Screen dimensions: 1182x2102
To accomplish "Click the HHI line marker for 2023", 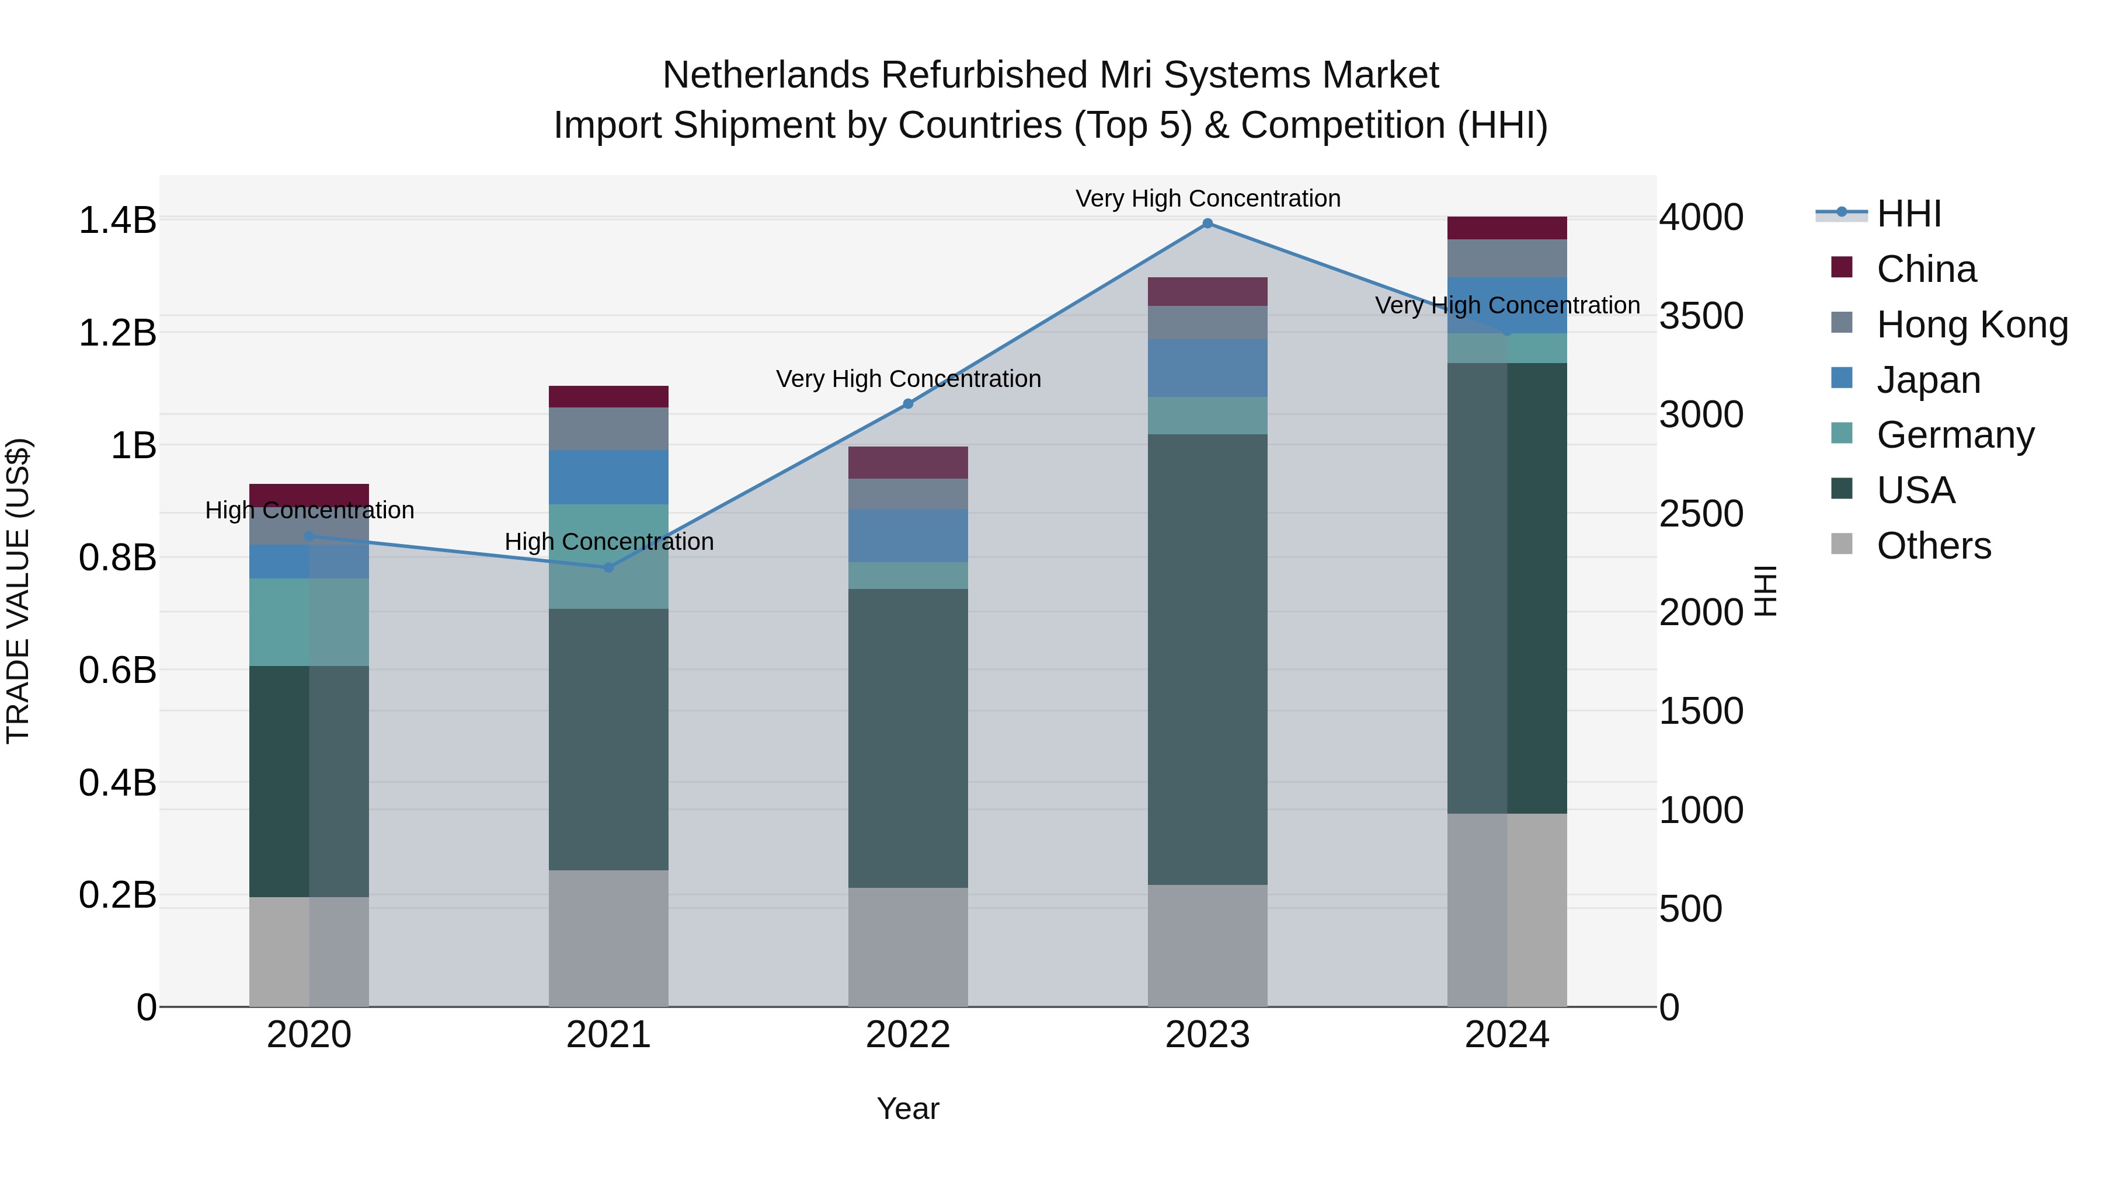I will tap(1207, 224).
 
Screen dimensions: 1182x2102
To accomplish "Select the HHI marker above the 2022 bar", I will tap(908, 404).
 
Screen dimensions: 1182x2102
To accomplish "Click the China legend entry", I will tap(1925, 269).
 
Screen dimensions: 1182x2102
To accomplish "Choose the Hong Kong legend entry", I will tap(1971, 325).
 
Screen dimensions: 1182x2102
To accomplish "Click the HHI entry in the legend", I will tap(1908, 214).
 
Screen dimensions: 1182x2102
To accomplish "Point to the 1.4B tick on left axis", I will tap(117, 220).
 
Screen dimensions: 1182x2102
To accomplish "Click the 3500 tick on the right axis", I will tap(1701, 316).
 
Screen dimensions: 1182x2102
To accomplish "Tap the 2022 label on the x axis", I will tap(907, 1035).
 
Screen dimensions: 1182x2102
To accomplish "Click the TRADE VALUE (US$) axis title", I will tap(18, 591).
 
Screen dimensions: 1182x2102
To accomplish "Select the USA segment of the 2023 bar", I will tap(1207, 659).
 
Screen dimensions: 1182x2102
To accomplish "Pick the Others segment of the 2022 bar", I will tap(907, 946).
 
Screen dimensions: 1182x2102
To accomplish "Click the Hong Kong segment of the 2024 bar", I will tap(1506, 258).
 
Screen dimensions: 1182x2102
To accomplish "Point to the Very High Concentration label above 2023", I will tap(1207, 198).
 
